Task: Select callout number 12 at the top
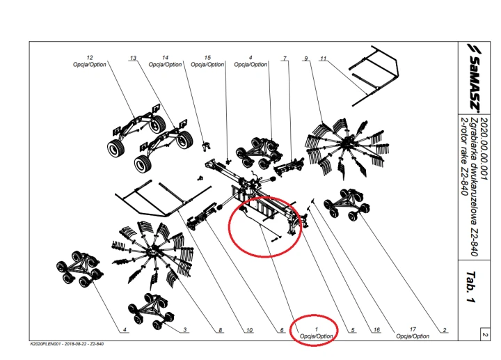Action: click(90, 57)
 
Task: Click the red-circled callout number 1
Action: click(317, 329)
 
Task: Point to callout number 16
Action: click(376, 329)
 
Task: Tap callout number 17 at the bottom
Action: click(413, 329)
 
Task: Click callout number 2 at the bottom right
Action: click(443, 329)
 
